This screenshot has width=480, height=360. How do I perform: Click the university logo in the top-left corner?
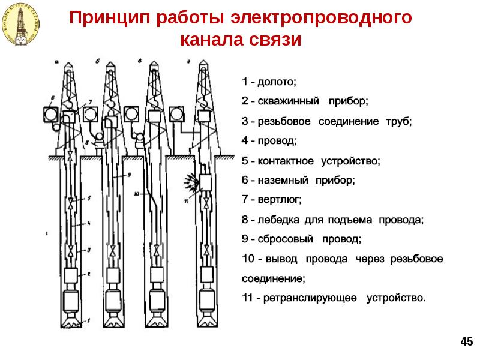pos(22,23)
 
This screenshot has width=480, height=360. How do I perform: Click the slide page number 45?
pos(466,341)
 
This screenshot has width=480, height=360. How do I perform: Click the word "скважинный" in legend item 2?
pos(286,101)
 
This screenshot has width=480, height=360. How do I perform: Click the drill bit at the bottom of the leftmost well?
pos(73,322)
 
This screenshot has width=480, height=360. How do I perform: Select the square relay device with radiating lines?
pos(207,182)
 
